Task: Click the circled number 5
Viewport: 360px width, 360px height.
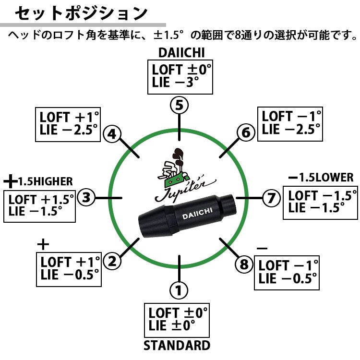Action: coord(179,105)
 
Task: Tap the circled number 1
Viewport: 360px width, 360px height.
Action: coord(179,290)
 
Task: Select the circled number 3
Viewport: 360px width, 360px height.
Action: coord(86,197)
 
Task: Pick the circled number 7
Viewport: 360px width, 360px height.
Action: coord(271,197)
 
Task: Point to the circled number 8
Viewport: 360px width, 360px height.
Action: coord(244,264)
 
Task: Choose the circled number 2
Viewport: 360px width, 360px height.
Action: coord(112,262)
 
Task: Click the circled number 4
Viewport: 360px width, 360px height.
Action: coord(112,134)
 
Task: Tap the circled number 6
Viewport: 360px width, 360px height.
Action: coord(246,132)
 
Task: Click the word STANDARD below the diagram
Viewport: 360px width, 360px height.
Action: coord(177,346)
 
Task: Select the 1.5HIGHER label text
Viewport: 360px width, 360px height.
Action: coord(45,181)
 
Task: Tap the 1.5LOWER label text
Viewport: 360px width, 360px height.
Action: coord(325,178)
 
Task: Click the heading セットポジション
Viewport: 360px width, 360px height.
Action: coord(80,13)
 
